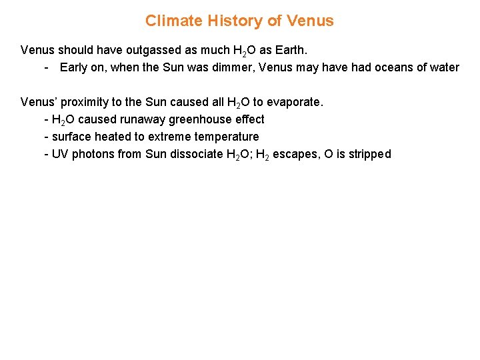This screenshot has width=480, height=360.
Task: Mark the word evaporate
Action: click(x=295, y=102)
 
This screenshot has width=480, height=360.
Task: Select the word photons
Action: click(x=93, y=154)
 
